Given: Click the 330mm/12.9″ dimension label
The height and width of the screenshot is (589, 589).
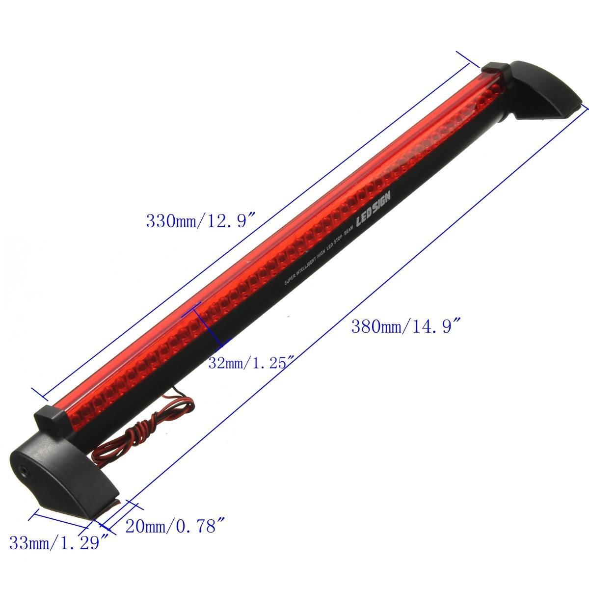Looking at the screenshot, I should point(202,220).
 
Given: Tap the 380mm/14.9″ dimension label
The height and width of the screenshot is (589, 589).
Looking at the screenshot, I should point(406,326).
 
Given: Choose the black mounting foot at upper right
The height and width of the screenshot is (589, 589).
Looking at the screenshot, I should point(545,91).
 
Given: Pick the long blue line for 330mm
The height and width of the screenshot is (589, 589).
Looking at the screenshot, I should point(255,226).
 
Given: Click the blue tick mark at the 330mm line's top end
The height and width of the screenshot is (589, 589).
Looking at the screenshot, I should point(467,58).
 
